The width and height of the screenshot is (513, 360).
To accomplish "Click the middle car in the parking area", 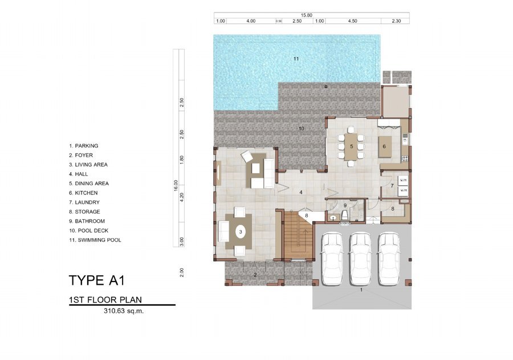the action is tap(360, 259).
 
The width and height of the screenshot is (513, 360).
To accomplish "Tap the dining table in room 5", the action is tap(351, 147).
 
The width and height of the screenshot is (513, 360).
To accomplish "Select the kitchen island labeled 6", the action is tap(384, 147).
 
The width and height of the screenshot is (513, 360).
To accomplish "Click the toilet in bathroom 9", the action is tap(344, 215).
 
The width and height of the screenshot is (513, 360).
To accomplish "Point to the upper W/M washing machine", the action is tap(403, 181).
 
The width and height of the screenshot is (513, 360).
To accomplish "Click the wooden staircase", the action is tap(297, 235).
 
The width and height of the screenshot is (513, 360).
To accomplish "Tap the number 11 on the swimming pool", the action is tap(296, 59).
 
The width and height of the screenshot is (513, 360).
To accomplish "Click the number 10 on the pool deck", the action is tap(302, 129).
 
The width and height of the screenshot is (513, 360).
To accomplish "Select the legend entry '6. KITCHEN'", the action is tap(83, 193).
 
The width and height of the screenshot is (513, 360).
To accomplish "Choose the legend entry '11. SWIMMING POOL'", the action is tap(95, 240).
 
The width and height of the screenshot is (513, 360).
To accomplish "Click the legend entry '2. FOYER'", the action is tap(81, 156).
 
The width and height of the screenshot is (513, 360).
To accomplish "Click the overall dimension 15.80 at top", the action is tap(307, 15).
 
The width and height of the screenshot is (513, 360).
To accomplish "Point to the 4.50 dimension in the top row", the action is tap(352, 21).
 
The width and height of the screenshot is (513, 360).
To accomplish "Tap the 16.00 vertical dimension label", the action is tap(176, 185).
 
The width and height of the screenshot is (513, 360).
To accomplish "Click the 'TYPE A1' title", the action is tap(97, 281).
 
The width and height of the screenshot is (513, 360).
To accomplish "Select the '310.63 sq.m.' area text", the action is tap(124, 311).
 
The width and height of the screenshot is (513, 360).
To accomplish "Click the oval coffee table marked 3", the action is tap(241, 232).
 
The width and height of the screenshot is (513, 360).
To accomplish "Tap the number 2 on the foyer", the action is tap(255, 275).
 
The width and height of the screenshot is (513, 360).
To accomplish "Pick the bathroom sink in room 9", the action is tap(333, 217).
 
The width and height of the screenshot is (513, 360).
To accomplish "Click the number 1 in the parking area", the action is tap(361, 290).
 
